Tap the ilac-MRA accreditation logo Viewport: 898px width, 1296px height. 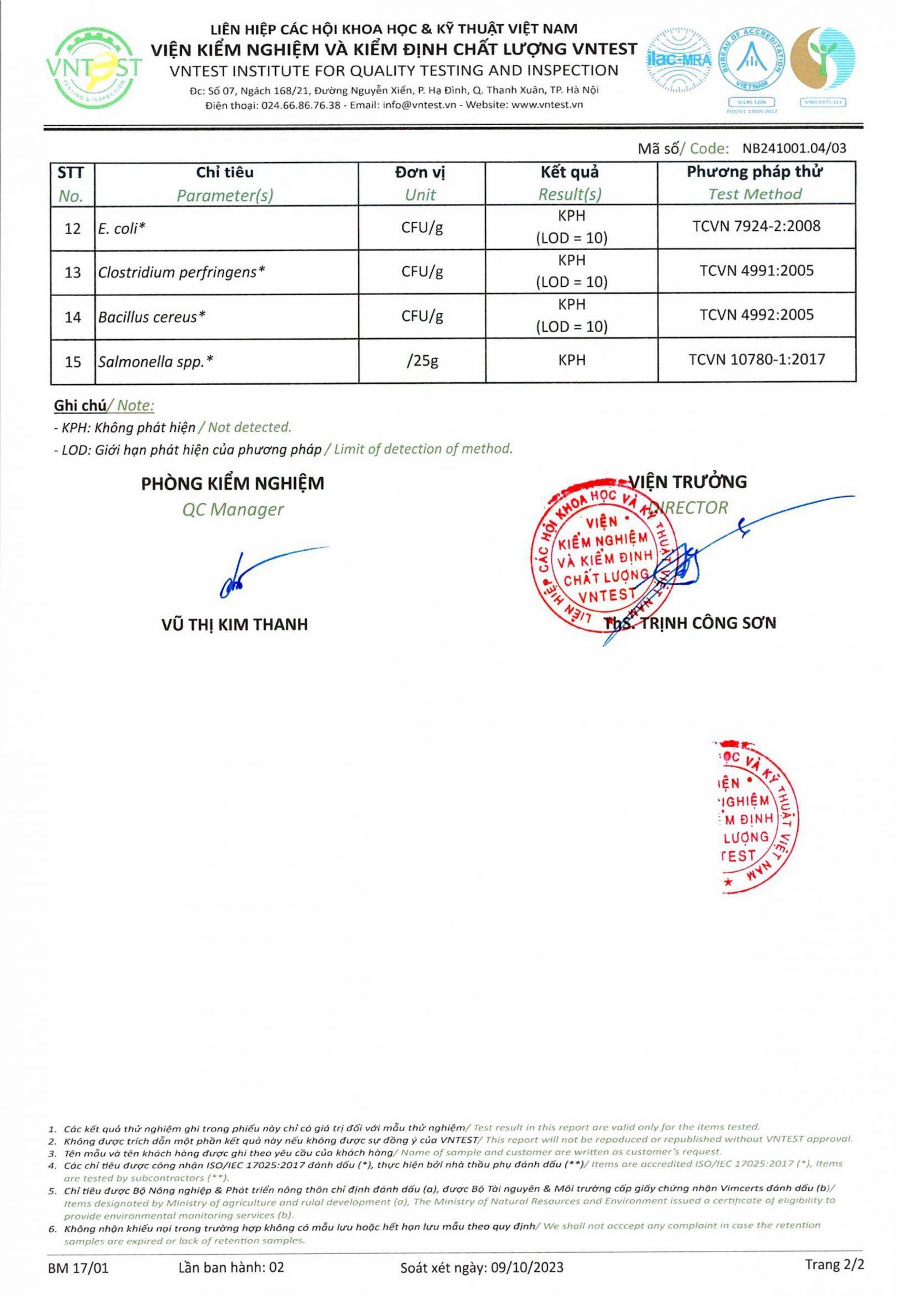[x=679, y=59]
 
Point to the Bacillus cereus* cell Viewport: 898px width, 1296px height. [x=152, y=317]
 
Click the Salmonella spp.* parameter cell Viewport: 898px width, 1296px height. [x=156, y=361]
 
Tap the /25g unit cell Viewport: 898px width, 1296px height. [x=422, y=361]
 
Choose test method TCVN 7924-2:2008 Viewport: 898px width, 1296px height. [x=756, y=226]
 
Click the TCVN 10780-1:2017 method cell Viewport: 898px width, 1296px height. [x=756, y=359]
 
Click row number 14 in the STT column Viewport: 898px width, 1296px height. [x=72, y=317]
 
